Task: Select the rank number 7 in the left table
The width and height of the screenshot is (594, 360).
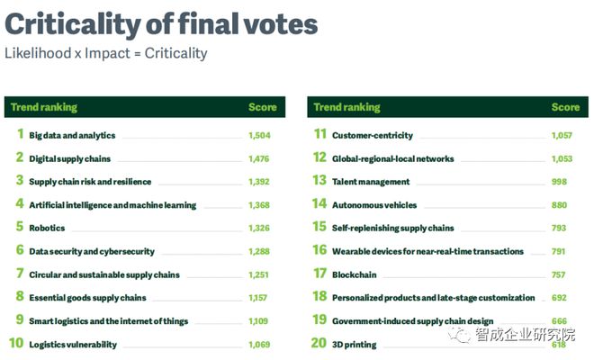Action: coord(19,274)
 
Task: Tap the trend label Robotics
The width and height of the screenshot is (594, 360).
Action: coord(47,229)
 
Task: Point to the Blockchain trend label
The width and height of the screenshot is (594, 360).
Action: coord(354,274)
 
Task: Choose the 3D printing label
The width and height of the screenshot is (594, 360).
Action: coord(354,345)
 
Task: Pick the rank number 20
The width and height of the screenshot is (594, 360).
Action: coord(319,343)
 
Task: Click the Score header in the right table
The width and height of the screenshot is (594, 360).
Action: coord(565,107)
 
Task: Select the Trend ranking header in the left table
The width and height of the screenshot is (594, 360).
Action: coord(44,107)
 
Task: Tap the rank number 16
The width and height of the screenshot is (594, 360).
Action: coord(319,250)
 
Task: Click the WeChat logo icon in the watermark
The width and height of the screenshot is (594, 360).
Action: coord(460,335)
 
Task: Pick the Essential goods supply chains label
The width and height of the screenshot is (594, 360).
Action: coord(86,298)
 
